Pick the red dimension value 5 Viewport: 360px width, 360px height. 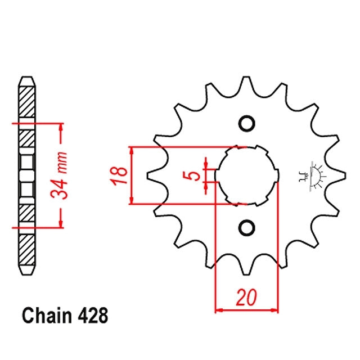click(195, 175)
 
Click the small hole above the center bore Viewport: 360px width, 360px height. click(246, 123)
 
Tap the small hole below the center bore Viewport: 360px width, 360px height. click(246, 227)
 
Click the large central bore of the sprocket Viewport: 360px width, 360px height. click(246, 175)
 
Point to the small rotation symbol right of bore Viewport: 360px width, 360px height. click(311, 175)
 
